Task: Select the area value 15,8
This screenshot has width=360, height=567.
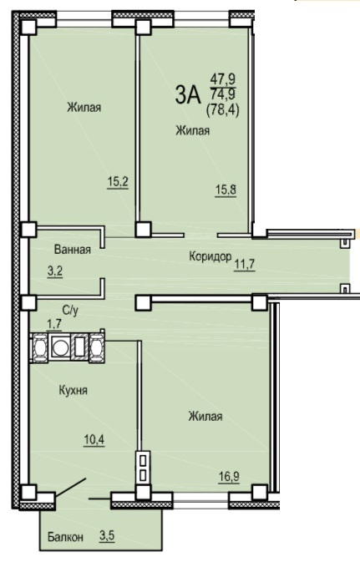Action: coord(226,190)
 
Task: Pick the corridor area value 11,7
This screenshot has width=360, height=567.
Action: coord(246,266)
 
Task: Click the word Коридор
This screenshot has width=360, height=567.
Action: coord(210,256)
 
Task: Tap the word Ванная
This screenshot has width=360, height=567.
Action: coord(71,249)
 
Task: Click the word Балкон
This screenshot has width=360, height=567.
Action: coord(65,538)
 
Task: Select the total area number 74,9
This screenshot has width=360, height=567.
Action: coord(222,93)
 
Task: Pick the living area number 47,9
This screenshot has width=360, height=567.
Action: coord(222,80)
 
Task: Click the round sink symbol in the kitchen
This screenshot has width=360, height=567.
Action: coord(59,347)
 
